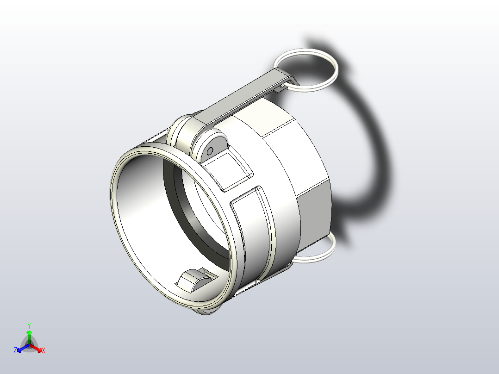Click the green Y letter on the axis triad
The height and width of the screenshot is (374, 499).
pos(29,325)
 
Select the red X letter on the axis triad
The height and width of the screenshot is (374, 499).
pos(44,351)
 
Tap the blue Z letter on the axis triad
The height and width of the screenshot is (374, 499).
pos(15,350)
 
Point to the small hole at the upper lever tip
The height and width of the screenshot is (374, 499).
pos(282,85)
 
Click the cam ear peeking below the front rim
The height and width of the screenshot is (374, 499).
pos(206,313)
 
